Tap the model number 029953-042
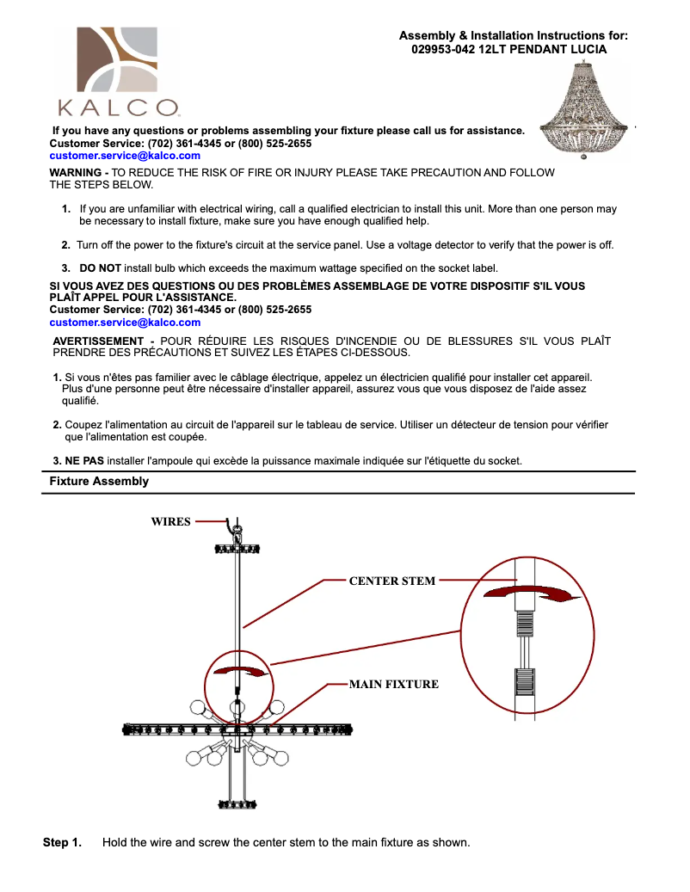coord(442,49)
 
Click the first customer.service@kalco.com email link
coord(125,156)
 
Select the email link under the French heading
coord(125,323)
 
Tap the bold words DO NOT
coord(100,268)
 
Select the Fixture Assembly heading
coord(99,482)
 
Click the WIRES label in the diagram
coord(170,521)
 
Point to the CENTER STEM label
coord(391,581)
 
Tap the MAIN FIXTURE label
coord(393,685)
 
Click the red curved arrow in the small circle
coord(237,671)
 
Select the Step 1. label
coord(62,842)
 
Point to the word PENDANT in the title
coord(529,49)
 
